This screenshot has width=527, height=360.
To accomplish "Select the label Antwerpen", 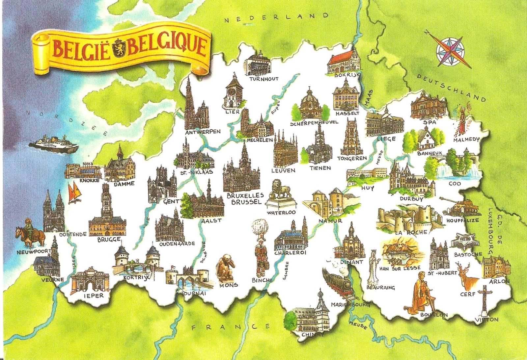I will [203, 132].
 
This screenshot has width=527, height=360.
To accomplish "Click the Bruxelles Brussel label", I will [246, 199].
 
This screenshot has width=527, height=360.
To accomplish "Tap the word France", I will [231, 327].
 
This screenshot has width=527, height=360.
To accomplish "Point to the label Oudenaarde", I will [177, 244].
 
